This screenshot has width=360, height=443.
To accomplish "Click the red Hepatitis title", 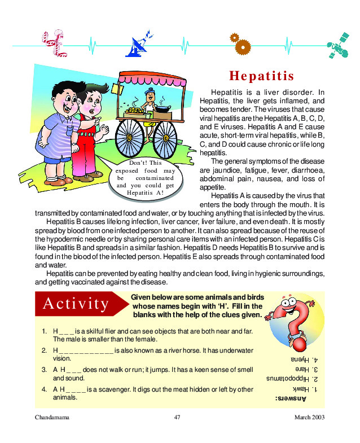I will (261, 76).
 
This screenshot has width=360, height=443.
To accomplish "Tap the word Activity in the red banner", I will (75, 304).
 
